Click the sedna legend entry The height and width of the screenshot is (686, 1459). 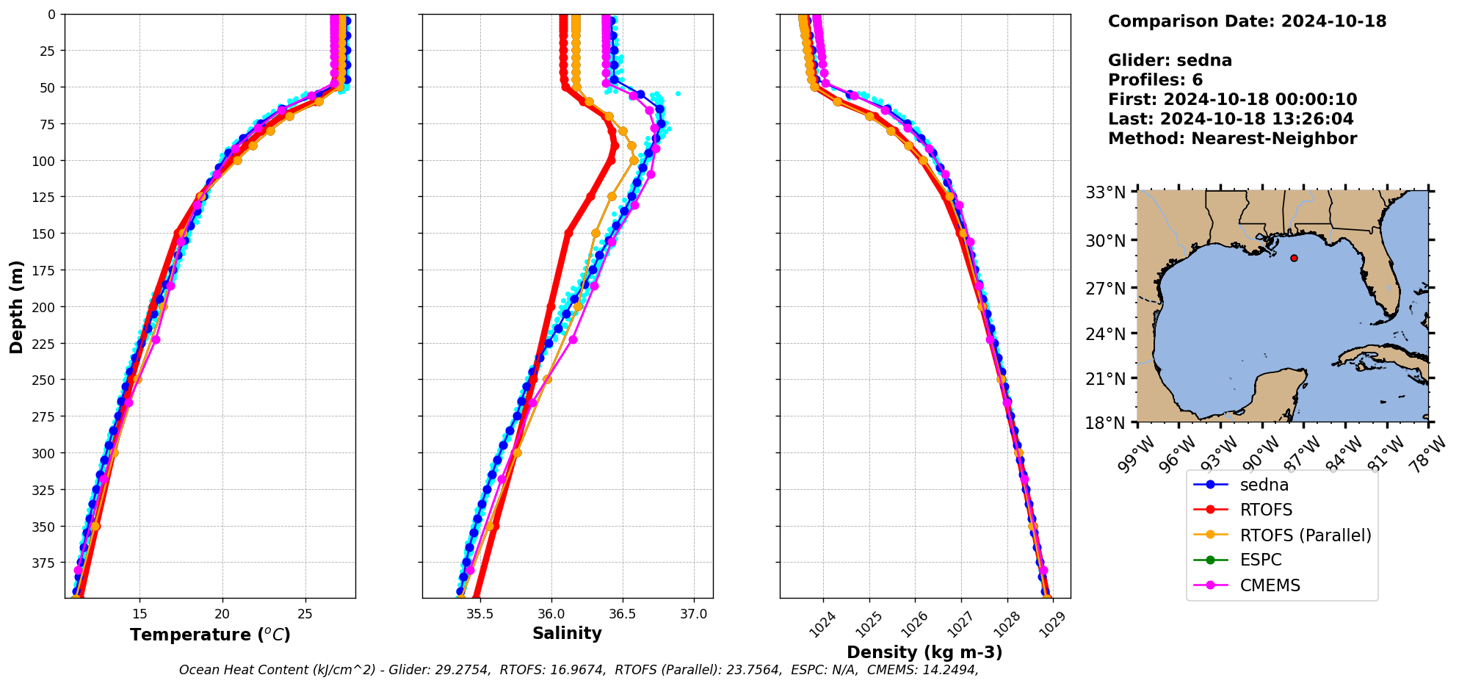1263,485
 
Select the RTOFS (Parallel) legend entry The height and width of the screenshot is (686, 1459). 1305,535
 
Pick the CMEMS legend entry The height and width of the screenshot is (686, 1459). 1270,585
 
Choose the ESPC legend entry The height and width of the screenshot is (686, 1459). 1260,560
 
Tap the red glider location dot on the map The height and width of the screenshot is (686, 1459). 1294,258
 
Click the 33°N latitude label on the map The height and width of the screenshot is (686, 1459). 1105,193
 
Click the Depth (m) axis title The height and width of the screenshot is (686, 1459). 16,306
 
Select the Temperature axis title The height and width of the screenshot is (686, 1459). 210,635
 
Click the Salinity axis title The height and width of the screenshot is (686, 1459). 567,633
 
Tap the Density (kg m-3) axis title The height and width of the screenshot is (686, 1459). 924,652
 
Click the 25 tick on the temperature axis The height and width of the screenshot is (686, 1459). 306,614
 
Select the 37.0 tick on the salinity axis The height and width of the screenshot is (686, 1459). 693,614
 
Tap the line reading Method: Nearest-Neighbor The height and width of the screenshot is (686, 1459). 1232,138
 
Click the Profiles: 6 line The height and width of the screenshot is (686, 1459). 1155,80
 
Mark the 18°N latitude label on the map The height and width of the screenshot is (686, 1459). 1105,423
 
